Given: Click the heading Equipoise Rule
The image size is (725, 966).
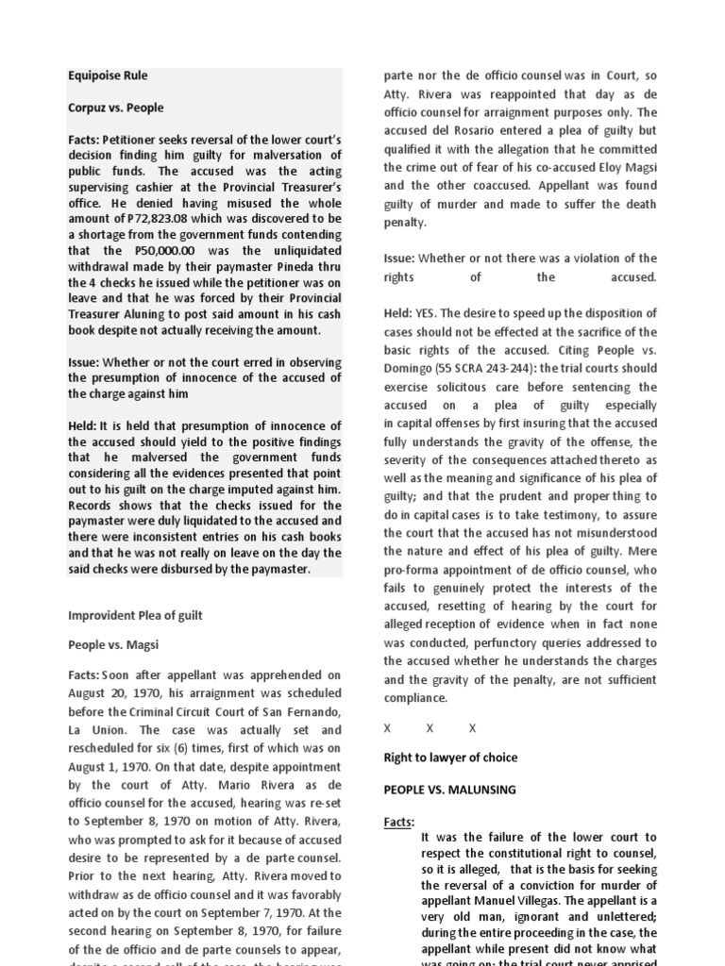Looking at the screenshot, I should click(108, 75).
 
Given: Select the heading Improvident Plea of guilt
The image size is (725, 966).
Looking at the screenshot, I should click(135, 615).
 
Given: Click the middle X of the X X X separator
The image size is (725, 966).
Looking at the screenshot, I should click(430, 729).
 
